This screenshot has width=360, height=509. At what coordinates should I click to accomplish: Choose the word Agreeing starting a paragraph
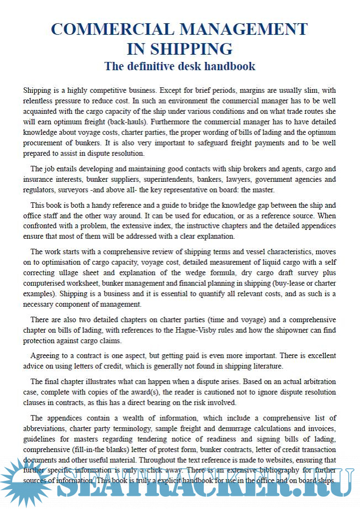click(x=47, y=356)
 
